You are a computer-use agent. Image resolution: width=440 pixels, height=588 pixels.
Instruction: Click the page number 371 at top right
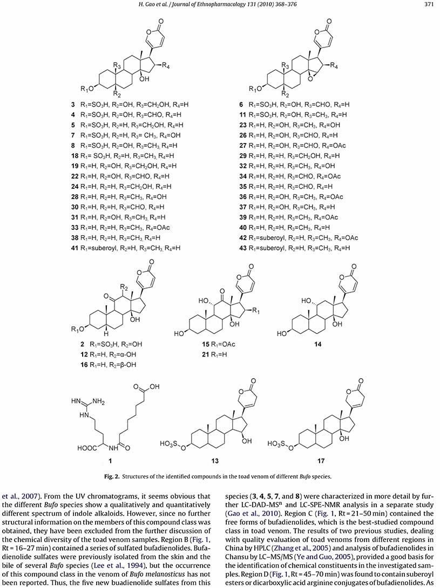[429, 6]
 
